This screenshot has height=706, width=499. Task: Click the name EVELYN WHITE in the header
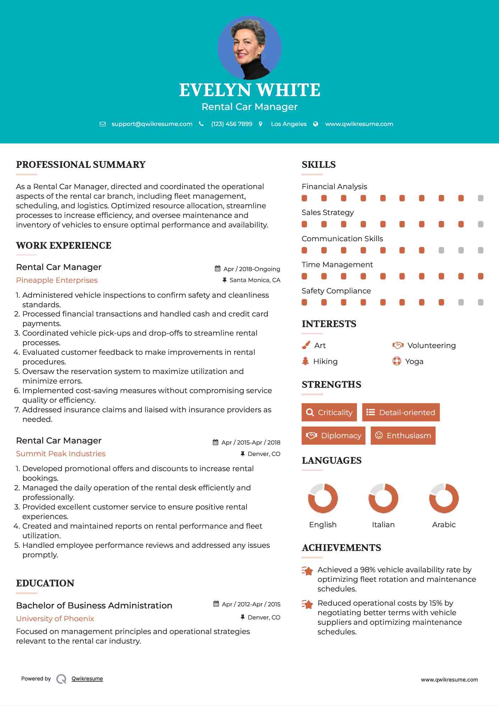249,90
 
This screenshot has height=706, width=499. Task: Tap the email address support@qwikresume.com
152,124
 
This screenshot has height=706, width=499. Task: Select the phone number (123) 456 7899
232,124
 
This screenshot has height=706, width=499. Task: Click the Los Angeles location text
289,124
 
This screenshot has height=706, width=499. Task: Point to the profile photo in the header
249,48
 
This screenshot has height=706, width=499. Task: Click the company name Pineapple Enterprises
57,280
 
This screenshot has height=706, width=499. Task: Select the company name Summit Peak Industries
61,454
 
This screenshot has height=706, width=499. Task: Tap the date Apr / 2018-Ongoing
251,269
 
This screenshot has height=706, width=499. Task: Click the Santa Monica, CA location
255,280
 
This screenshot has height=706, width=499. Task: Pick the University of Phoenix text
55,619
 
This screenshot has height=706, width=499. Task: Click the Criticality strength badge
329,412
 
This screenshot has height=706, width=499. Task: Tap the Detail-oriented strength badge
401,412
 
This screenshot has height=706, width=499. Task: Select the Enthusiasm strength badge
403,436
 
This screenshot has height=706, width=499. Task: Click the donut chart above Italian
383,498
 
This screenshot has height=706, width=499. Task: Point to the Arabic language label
444,525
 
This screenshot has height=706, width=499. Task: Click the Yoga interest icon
397,361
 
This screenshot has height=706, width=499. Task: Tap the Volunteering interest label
431,346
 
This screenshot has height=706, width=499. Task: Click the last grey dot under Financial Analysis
481,198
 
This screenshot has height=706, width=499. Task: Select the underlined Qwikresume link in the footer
87,679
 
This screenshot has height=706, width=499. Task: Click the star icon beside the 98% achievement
307,571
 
